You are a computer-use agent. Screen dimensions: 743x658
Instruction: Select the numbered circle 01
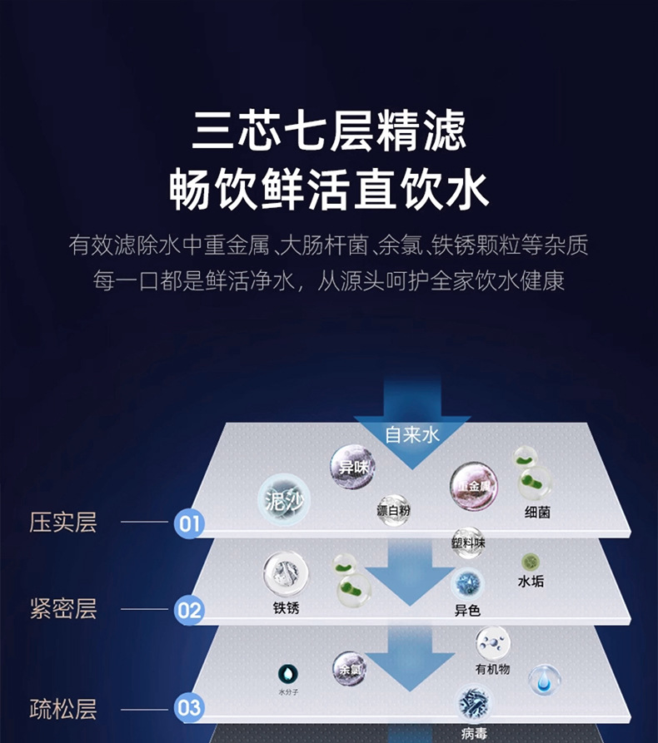[189, 523]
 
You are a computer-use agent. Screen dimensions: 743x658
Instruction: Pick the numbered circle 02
[189, 611]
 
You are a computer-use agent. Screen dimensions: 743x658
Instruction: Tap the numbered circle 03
[189, 708]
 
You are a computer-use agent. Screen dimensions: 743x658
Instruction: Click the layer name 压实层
[63, 523]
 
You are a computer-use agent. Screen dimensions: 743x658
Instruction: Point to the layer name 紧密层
[63, 609]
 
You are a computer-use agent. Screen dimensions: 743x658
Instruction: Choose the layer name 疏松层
[63, 709]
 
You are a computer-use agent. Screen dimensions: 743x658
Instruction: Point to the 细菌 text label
[537, 513]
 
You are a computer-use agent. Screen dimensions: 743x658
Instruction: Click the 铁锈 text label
[286, 608]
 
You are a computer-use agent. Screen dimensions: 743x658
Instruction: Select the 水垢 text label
[531, 582]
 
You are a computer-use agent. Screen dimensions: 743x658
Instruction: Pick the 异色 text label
[467, 611]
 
